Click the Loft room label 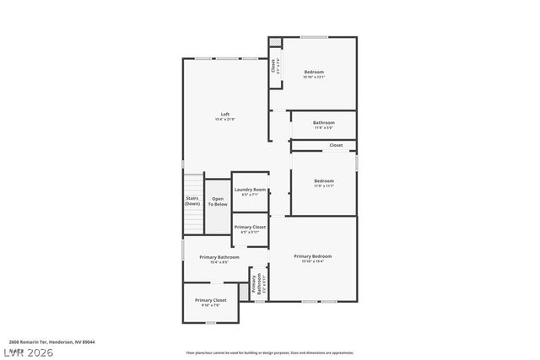pyautogui.click(x=225, y=114)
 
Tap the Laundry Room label pyautogui.click(x=250, y=190)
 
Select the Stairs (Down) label pyautogui.click(x=192, y=201)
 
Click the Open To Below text pyautogui.click(x=218, y=201)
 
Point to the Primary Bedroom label pyautogui.click(x=312, y=256)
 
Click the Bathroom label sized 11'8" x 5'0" pyautogui.click(x=324, y=122)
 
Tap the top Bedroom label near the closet pyautogui.click(x=314, y=72)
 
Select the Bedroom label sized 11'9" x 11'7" pyautogui.click(x=324, y=180)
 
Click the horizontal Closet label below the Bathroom pyautogui.click(x=336, y=145)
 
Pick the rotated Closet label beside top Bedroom pyautogui.click(x=273, y=65)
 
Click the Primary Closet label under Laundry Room pyautogui.click(x=250, y=227)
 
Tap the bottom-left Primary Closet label pyautogui.click(x=210, y=300)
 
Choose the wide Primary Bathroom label pyautogui.click(x=219, y=257)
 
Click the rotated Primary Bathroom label pyautogui.click(x=255, y=284)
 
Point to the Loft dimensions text pyautogui.click(x=225, y=120)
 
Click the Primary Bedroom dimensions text pyautogui.click(x=312, y=261)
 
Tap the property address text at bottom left pyautogui.click(x=58, y=342)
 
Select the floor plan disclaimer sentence pyautogui.click(x=270, y=352)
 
